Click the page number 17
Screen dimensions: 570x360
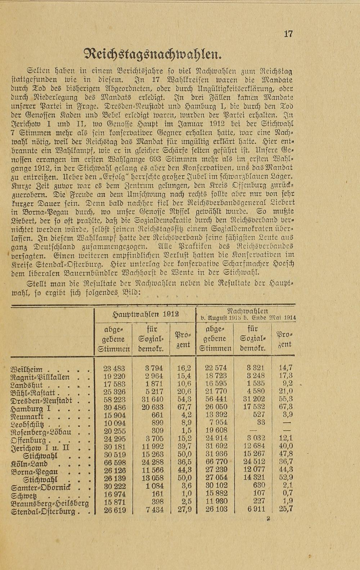288,34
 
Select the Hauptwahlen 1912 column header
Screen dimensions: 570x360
145,314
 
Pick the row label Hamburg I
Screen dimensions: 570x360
33,409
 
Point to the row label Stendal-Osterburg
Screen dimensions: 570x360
44,511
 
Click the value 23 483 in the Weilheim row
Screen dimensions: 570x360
114,368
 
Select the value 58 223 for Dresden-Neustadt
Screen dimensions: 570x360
114,400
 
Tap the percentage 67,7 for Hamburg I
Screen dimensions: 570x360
184,408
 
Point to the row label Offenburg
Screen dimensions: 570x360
29,440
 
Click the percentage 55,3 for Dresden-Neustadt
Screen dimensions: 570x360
286,399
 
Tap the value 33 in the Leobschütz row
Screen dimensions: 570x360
261,423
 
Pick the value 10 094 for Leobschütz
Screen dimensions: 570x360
114,423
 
